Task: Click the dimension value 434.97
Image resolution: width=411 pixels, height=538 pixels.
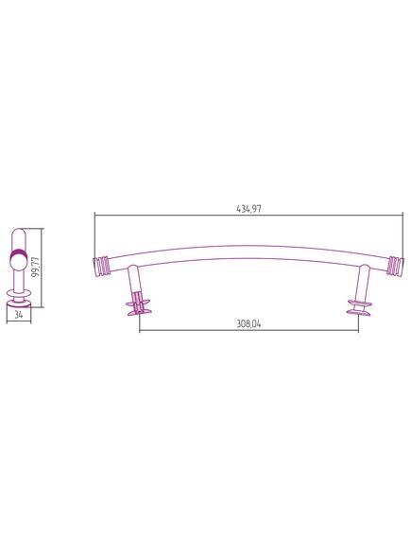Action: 248,209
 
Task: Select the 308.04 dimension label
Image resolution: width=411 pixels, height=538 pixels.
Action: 248,324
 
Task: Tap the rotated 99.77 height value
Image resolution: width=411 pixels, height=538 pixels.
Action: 36,267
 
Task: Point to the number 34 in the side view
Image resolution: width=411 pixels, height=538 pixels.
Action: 19,314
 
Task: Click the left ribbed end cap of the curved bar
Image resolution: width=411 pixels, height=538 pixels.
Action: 102,267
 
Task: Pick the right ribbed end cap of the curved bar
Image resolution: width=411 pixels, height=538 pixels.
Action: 396,266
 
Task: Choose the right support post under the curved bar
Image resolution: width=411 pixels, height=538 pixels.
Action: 363,284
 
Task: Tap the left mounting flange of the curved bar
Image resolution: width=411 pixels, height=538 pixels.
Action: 139,307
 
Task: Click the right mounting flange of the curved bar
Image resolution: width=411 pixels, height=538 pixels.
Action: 359,307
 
